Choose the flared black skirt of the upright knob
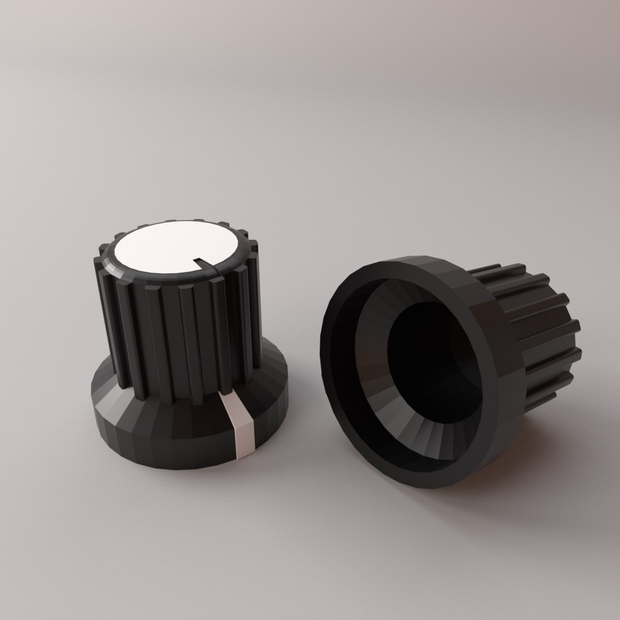coord(172,436)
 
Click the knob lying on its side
coord(448,367)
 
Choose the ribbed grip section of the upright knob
coord(178,333)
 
